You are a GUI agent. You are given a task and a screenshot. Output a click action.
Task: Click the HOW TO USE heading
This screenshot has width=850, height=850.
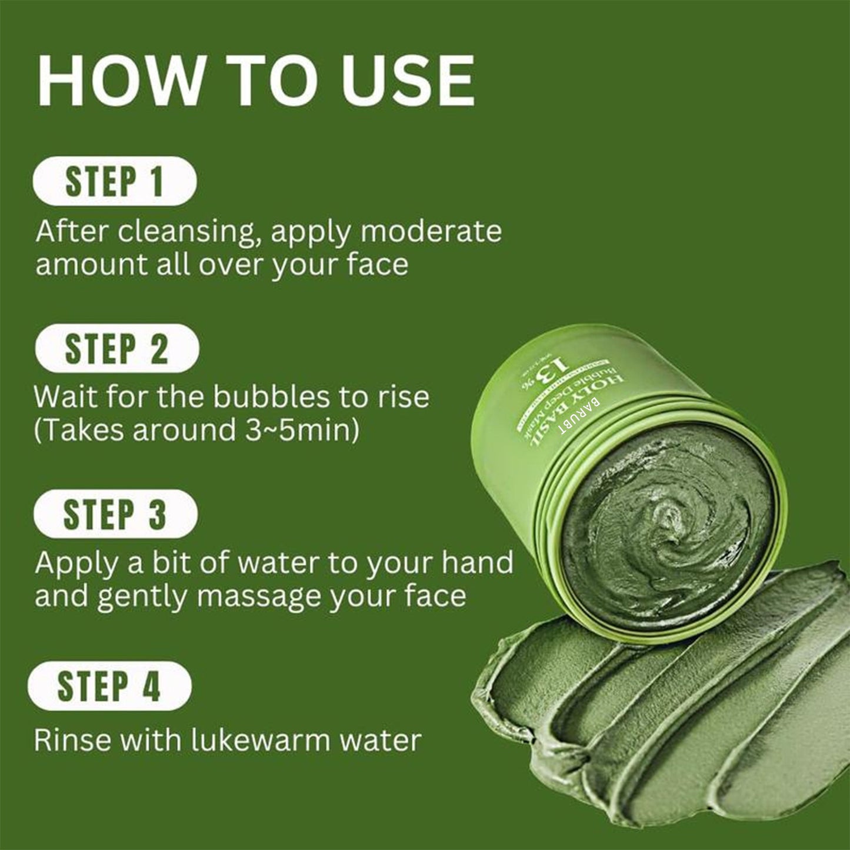(x=256, y=81)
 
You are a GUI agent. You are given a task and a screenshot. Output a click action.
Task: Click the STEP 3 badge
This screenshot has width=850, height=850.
(x=115, y=514)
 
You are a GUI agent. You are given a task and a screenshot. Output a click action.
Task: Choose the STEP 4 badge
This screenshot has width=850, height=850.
(x=109, y=685)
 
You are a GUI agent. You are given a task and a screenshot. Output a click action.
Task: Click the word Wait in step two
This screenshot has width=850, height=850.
(x=64, y=397)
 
